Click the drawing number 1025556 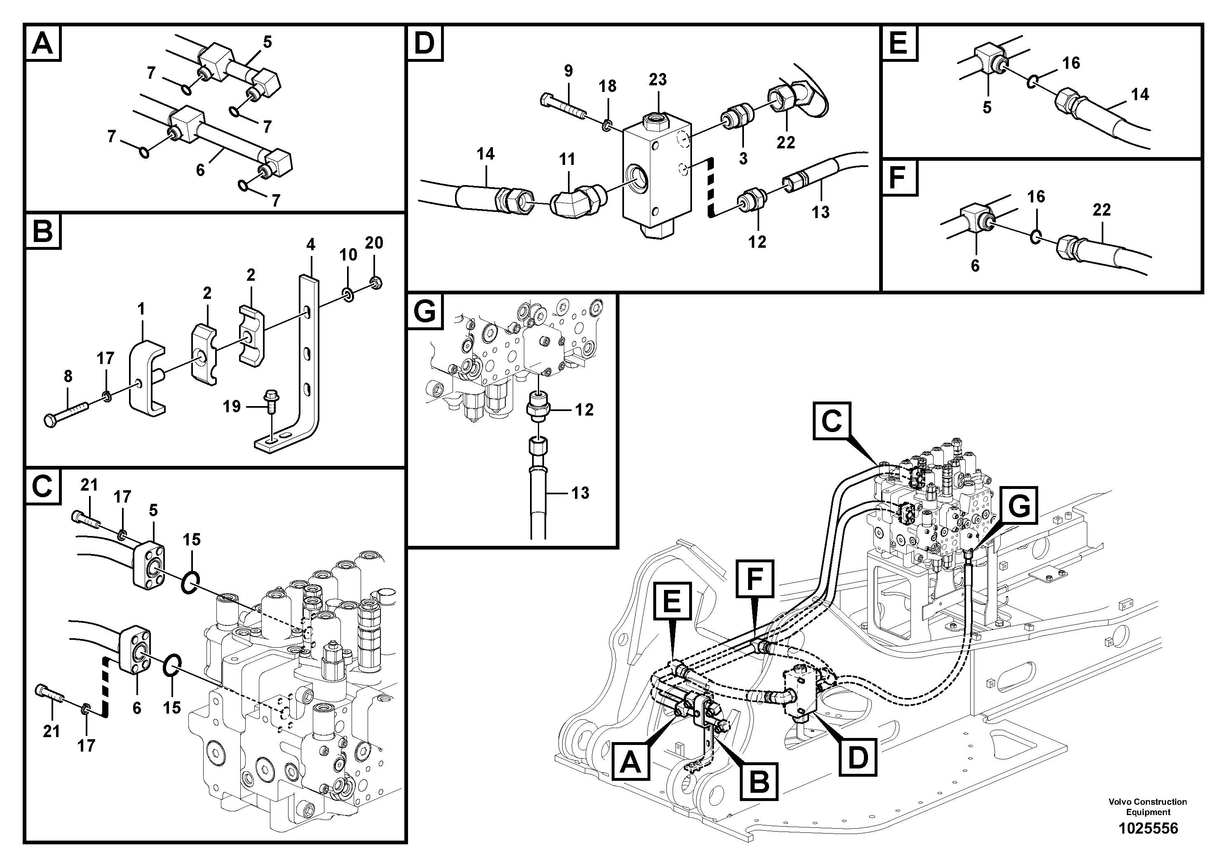[1148, 829]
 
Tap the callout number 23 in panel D [657, 80]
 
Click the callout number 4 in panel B [310, 245]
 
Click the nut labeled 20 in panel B [375, 282]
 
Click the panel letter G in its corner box [425, 311]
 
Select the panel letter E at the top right [899, 43]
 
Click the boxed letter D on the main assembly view [858, 757]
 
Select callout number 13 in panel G [580, 492]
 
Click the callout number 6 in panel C [137, 708]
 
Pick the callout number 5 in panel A [267, 42]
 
